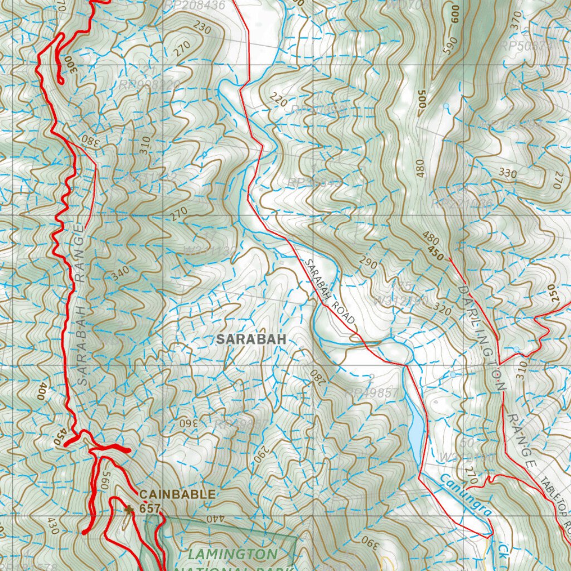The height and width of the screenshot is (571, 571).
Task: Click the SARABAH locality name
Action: (x=251, y=339)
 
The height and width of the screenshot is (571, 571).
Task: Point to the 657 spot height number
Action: (x=150, y=508)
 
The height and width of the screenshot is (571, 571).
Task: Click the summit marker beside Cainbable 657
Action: (x=129, y=509)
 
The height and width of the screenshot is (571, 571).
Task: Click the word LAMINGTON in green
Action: (x=232, y=554)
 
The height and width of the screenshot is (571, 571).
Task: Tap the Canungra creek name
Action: (x=464, y=494)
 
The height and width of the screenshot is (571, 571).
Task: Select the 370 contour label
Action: (x=515, y=23)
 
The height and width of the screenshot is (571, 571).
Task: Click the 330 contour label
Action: (x=507, y=173)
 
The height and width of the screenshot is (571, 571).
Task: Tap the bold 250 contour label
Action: (x=554, y=294)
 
